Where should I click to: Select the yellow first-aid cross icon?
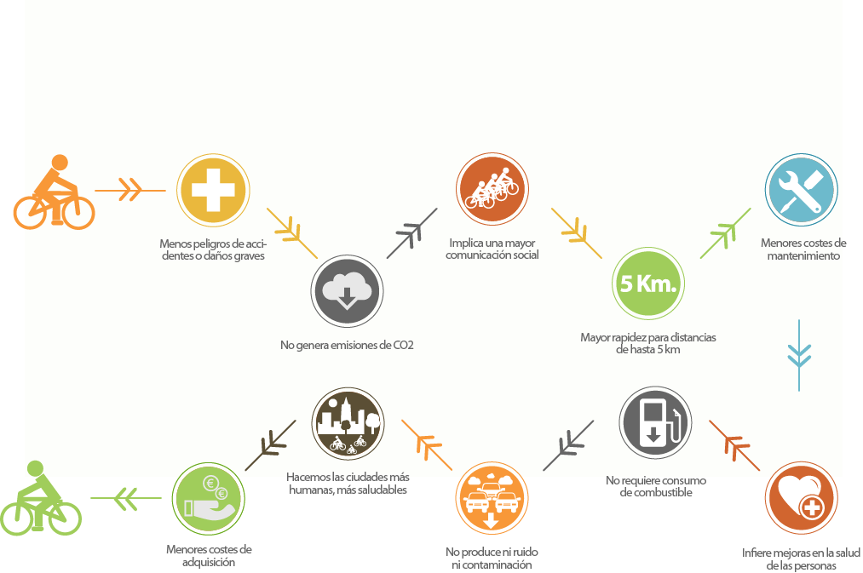pos(212,189)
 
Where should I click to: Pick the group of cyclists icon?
pos(492,189)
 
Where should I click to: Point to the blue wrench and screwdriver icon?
pos(801,189)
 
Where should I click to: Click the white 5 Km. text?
pos(647,284)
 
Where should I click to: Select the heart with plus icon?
pos(801,498)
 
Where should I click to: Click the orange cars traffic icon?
pos(492,498)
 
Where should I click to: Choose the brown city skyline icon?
pos(348,423)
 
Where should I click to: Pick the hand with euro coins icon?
pos(208,498)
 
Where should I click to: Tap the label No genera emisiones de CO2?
pos(347,346)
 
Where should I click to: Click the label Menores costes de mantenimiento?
pos(803,249)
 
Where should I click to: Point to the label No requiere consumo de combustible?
pos(656,486)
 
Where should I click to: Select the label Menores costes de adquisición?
pos(209,555)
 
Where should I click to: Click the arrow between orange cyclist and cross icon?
pos(130,190)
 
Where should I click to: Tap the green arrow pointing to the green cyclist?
pos(126,498)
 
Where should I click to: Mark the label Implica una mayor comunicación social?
pos(492,249)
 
